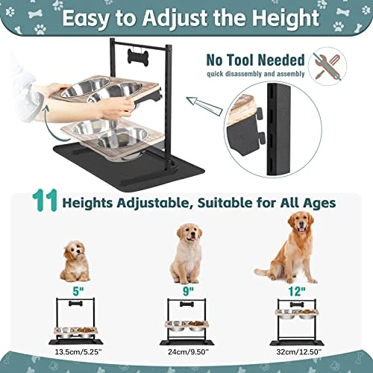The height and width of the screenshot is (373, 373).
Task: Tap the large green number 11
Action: point(45,201)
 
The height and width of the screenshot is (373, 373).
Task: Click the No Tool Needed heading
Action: point(255,60)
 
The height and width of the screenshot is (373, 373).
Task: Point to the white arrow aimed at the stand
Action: point(204,106)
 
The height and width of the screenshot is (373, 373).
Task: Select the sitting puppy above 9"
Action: point(187,254)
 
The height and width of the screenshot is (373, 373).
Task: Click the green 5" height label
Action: point(78,291)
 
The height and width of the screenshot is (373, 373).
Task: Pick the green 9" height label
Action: point(188,291)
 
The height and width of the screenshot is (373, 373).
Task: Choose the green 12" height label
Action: point(297,291)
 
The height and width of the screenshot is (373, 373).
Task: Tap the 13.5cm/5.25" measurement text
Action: point(78,352)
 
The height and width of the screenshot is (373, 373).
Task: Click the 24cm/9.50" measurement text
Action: point(188,352)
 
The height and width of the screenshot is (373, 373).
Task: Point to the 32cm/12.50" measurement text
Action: point(299,352)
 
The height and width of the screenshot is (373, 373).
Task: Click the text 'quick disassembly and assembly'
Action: point(256,74)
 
